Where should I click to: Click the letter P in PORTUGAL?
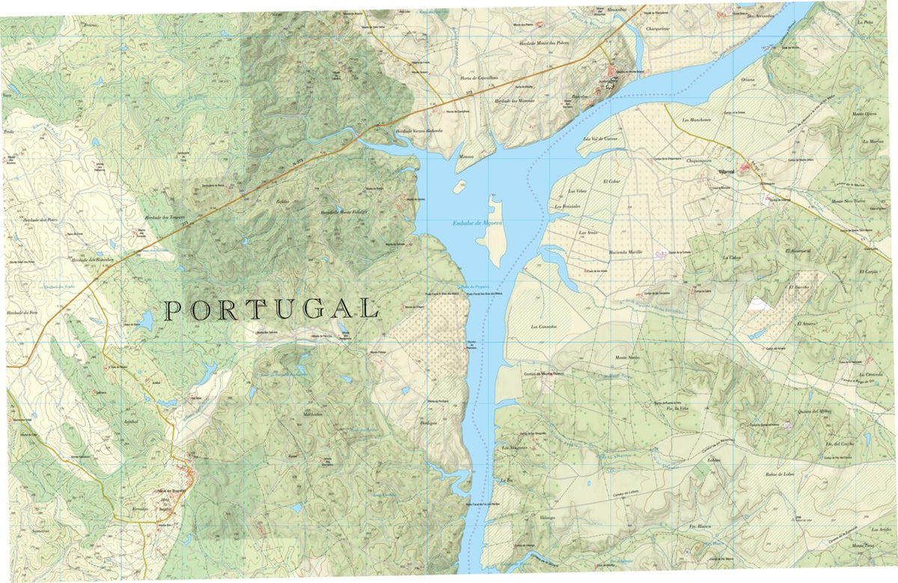pos(172,309)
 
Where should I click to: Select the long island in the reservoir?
pos(492,231)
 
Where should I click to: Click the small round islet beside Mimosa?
pos(459,186)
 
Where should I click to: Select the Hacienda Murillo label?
pos(626,252)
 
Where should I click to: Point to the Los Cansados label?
pos(545,326)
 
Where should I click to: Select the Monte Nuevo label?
pos(628,358)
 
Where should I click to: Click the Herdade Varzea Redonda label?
pos(419,130)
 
